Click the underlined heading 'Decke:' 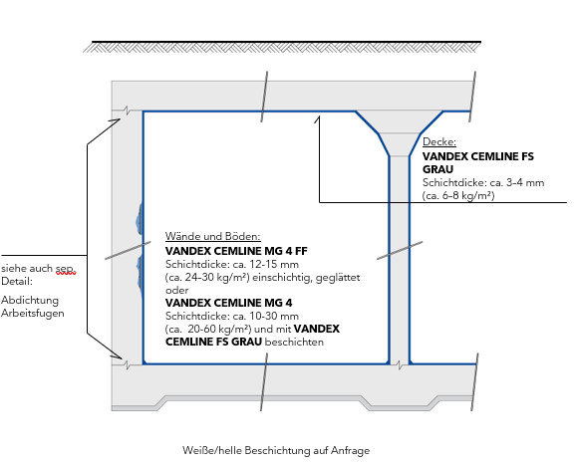point(439,142)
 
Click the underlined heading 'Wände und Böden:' point(212,236)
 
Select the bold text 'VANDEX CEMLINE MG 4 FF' point(236,251)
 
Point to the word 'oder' point(177,291)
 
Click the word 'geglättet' point(338,278)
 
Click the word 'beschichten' point(294,343)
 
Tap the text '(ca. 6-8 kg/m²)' point(458,196)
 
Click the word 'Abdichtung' point(30,301)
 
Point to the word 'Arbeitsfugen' point(33,314)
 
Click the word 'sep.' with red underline point(65,269)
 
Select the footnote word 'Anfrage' point(350,450)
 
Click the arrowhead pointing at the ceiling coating point(318,119)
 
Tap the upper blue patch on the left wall point(139,219)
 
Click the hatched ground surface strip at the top point(282,48)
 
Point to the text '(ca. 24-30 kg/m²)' point(207,278)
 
